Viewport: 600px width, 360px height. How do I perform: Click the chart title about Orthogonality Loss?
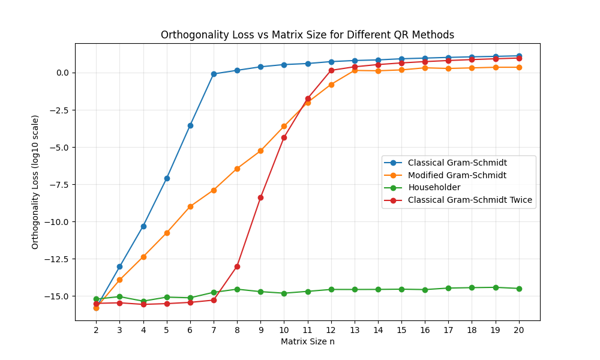[x=307, y=35]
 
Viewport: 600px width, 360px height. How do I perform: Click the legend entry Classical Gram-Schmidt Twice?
[x=470, y=200]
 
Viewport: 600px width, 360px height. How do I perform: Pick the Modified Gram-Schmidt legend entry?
[x=457, y=175]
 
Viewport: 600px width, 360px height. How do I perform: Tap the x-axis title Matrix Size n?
[x=307, y=341]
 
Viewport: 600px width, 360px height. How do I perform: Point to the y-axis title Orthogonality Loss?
[x=35, y=182]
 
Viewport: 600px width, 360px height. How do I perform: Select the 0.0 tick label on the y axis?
[x=62, y=73]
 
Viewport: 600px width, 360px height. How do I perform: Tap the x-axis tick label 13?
[x=355, y=329]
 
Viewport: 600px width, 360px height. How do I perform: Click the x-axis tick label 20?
[x=519, y=329]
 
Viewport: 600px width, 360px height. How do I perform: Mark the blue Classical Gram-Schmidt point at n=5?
[x=167, y=178]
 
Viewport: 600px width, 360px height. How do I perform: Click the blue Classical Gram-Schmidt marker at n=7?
[x=214, y=74]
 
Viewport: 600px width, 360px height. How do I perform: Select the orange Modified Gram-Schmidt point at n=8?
[x=237, y=169]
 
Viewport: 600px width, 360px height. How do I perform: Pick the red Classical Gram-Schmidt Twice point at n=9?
[x=260, y=197]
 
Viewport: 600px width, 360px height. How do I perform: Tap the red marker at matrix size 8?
[x=237, y=266]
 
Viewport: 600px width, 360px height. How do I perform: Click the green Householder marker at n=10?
[x=284, y=293]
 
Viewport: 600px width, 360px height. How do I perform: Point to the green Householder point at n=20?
[x=519, y=289]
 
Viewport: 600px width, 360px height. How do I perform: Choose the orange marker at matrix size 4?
[x=143, y=257]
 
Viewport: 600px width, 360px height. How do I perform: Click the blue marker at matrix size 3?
[x=119, y=266]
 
